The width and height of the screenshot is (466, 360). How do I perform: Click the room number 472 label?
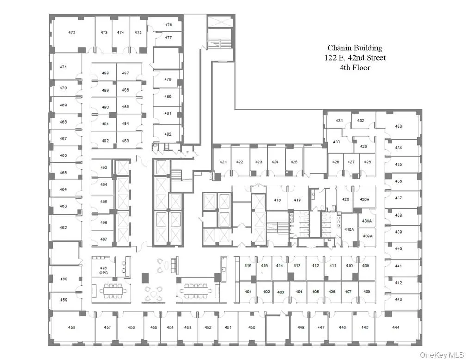click(x=72, y=33)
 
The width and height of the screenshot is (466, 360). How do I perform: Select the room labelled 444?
click(x=396, y=327)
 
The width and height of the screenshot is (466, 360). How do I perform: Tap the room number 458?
click(x=72, y=327)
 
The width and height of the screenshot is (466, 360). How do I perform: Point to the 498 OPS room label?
click(x=104, y=270)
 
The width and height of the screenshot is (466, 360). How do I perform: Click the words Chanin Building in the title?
click(x=355, y=48)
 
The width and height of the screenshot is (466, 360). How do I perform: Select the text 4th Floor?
click(x=355, y=68)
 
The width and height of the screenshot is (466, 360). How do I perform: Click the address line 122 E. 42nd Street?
click(x=355, y=58)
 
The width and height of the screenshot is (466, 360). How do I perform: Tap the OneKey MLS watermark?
click(x=441, y=354)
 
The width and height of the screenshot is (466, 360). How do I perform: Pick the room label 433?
click(x=398, y=126)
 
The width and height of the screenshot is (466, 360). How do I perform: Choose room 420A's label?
click(x=364, y=199)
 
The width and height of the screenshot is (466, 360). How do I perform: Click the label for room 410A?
click(x=349, y=229)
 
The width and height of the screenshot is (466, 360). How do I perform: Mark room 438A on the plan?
click(x=367, y=221)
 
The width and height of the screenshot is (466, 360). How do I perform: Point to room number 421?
click(x=223, y=162)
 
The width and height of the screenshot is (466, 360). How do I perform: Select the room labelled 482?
click(x=168, y=134)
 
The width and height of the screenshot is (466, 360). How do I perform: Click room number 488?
click(x=105, y=73)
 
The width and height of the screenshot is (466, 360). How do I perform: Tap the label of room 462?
click(x=63, y=227)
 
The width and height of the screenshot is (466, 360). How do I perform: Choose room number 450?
click(x=251, y=327)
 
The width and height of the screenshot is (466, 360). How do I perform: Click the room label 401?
click(x=248, y=292)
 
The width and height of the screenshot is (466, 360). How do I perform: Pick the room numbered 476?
click(x=168, y=25)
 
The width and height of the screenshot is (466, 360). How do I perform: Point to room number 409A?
click(x=368, y=236)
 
